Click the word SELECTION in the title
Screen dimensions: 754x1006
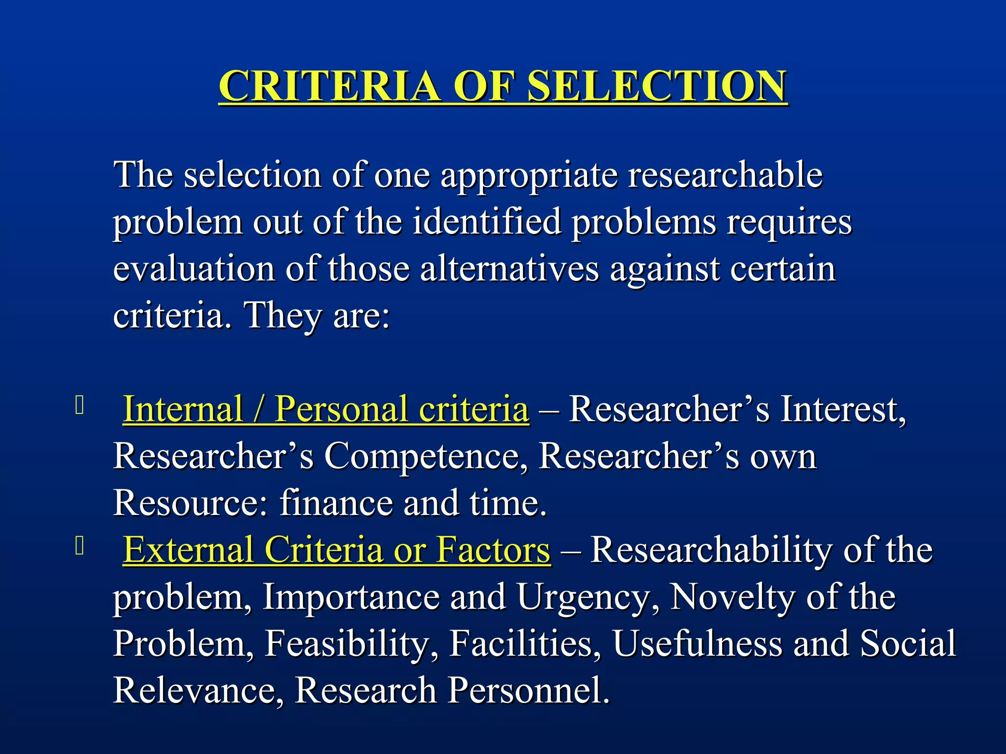tap(657, 86)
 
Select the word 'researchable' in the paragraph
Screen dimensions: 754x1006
tap(726, 175)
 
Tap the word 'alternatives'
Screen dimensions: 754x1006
tap(509, 269)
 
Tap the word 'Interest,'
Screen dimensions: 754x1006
tap(843, 410)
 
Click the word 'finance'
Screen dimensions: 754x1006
tap(336, 503)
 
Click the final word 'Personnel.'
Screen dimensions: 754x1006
tap(529, 690)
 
